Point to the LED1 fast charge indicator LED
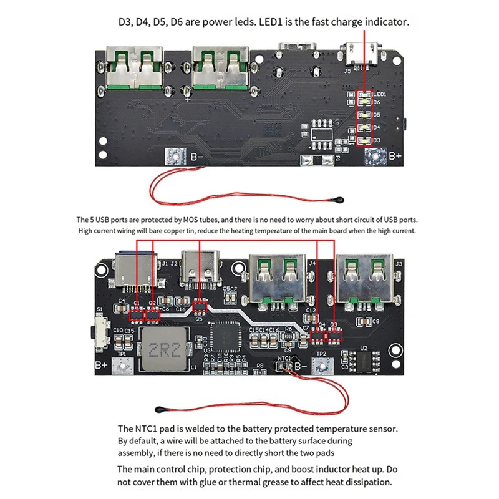pyautogui.click(x=364, y=94)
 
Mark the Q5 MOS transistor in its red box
pyautogui.click(x=200, y=306)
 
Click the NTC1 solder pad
pyautogui.click(x=285, y=367)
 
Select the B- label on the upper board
pyautogui.click(x=197, y=157)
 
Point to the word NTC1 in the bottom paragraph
pyautogui.click(x=152, y=429)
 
